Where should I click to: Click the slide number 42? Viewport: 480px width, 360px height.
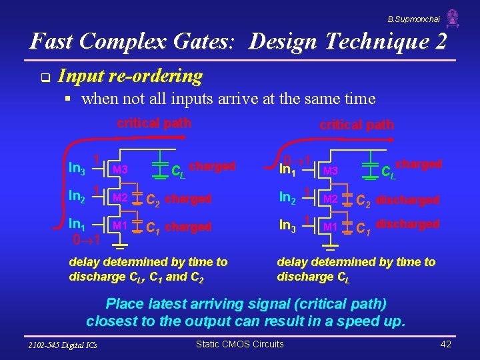tap(445, 344)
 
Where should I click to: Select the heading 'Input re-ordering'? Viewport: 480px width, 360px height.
tap(130, 77)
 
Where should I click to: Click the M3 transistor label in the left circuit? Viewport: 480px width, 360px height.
tap(120, 169)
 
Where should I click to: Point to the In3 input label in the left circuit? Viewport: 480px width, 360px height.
tap(77, 169)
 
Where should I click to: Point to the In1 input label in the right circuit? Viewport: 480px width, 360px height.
tap(288, 171)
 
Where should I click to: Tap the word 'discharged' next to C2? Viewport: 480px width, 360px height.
tap(407, 199)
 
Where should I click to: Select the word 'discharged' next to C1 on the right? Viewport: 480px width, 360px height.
tap(407, 224)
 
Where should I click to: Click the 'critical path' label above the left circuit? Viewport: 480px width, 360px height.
tap(154, 123)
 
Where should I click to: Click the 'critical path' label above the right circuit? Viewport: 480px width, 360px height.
tap(357, 125)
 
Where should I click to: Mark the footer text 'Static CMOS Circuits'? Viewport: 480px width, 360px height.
tap(239, 344)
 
